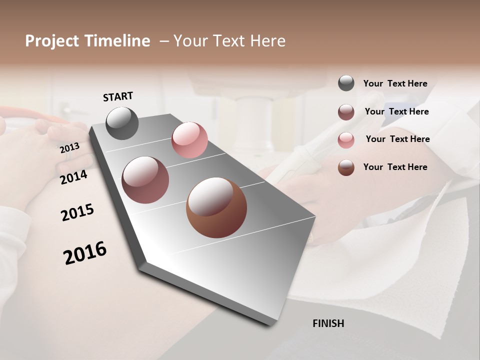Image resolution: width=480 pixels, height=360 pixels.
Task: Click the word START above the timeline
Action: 118,96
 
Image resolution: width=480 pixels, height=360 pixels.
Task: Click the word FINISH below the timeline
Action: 328,323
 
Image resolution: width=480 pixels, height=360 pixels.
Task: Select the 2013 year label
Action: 69,148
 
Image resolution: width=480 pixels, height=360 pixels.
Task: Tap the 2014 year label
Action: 73,177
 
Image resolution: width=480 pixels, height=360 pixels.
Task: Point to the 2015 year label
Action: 77,212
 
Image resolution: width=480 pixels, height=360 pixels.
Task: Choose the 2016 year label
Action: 85,252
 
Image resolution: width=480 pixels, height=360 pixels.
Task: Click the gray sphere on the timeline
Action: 122,123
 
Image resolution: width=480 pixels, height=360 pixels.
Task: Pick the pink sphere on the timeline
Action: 189,140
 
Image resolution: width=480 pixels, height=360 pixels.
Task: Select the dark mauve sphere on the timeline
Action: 145,180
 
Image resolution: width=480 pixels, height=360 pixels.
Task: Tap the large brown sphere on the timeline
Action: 216,207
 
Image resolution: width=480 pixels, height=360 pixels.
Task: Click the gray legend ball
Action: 346,83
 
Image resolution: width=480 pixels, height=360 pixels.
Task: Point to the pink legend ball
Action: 346,140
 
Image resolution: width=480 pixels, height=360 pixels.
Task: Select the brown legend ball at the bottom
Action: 346,167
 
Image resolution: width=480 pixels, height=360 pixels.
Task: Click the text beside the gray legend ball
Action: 395,84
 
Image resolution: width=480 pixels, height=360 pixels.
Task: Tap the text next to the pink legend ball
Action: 397,139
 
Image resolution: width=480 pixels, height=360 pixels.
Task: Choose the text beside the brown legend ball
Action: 395,167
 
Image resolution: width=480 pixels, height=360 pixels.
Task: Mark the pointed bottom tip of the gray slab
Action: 270,323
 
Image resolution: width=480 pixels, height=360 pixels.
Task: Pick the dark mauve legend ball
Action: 346,112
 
